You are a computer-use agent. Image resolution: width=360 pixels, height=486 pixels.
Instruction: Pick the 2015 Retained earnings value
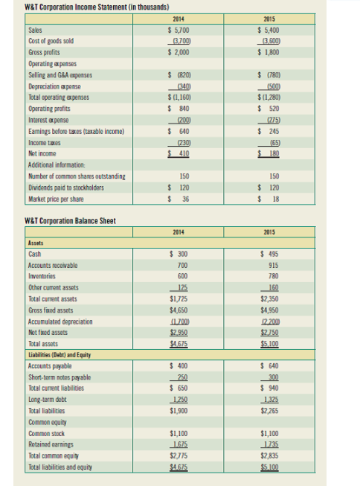point(272,447)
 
